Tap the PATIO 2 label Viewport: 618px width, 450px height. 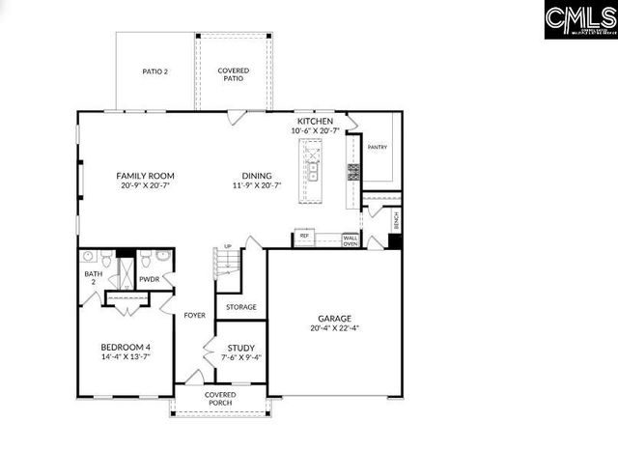[154, 71]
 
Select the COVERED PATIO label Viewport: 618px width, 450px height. [233, 75]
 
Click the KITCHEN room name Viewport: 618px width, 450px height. [315, 121]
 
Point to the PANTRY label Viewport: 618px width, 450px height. [378, 148]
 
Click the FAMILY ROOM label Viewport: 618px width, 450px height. [145, 176]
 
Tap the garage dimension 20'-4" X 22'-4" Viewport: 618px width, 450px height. [335, 328]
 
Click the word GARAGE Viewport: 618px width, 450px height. [335, 318]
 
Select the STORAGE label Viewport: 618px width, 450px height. [241, 307]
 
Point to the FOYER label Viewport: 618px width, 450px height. [195, 315]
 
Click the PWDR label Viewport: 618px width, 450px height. [150, 279]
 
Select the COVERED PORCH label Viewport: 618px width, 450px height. [220, 400]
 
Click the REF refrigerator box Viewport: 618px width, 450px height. [304, 236]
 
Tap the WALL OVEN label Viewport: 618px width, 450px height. [351, 240]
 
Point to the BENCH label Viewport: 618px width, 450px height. [395, 220]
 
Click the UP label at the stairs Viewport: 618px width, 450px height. [228, 246]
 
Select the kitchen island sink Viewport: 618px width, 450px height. [313, 176]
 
